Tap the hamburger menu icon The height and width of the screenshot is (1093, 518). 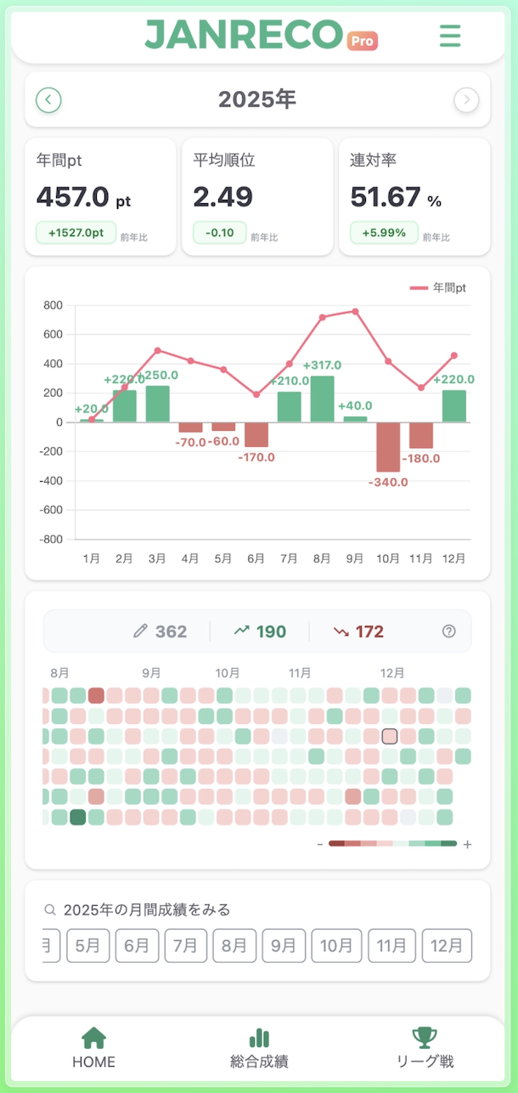[x=450, y=36]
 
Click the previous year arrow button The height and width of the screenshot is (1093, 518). [x=48, y=100]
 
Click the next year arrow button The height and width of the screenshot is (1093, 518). [x=466, y=100]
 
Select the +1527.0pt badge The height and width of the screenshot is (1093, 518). [x=76, y=232]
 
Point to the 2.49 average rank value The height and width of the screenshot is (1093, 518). [x=222, y=197]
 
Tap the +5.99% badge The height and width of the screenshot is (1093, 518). [x=384, y=232]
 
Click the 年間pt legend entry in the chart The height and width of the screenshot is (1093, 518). [x=438, y=288]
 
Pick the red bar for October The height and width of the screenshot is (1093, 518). [x=388, y=447]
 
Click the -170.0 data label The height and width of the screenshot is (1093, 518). [x=256, y=457]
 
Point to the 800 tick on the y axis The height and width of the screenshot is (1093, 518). [x=53, y=305]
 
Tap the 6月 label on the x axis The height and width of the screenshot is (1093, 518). [x=256, y=558]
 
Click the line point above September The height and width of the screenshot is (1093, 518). [x=355, y=311]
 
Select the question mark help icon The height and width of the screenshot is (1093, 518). [x=449, y=631]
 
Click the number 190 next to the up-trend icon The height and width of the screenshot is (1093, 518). [x=272, y=631]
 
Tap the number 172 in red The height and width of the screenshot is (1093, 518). [x=369, y=631]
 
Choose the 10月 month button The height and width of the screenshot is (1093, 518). [x=336, y=945]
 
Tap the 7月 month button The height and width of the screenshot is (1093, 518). [x=186, y=945]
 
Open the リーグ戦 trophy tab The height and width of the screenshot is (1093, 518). [x=425, y=1047]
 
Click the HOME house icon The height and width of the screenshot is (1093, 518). [x=93, y=1038]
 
